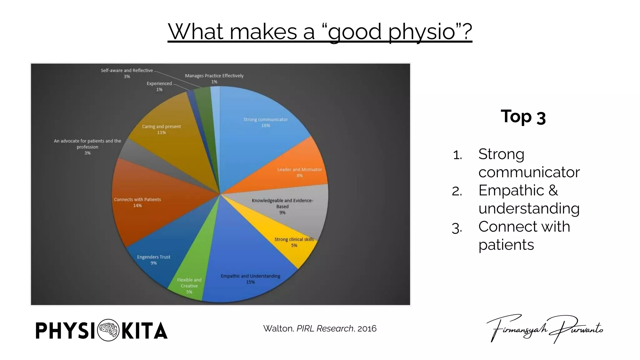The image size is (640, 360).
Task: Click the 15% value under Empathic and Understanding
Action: tap(250, 282)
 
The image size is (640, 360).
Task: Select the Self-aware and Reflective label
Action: tap(127, 71)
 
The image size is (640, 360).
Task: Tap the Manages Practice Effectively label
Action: tap(214, 76)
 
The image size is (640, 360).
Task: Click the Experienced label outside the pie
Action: tap(159, 84)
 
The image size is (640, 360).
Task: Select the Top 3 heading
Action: tap(523, 117)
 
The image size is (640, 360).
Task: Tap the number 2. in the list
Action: tap(457, 191)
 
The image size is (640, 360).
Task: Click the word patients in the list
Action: tap(506, 245)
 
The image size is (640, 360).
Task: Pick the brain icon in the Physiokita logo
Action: tap(108, 330)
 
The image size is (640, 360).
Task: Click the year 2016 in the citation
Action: tap(367, 329)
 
